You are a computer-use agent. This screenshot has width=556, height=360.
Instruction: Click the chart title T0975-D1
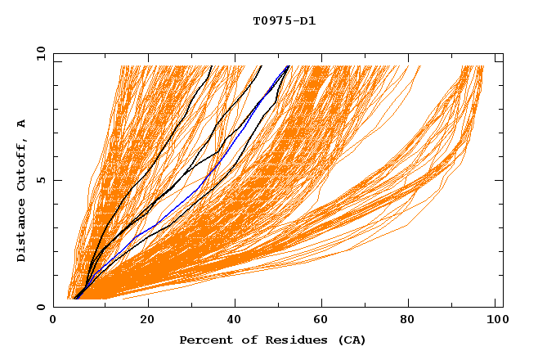284,21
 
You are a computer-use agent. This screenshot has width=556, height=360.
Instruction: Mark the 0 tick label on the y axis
41,307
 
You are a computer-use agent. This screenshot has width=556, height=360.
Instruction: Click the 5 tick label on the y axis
41,180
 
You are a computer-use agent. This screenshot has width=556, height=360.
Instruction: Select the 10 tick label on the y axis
38,53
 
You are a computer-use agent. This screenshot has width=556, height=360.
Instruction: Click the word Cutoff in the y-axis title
22,163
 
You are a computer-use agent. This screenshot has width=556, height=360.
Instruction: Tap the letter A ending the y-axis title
22,124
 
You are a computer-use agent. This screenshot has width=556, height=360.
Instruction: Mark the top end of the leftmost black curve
212,65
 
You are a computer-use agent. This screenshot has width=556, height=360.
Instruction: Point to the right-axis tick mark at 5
500,180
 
